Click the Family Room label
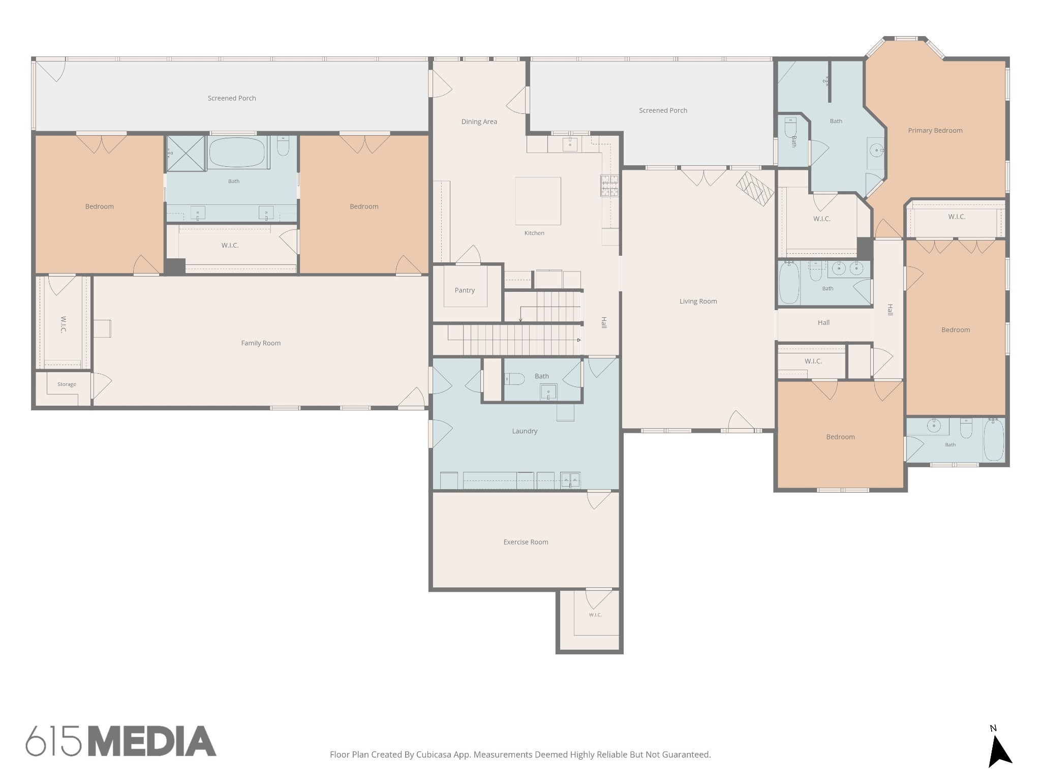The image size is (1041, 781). click(261, 343)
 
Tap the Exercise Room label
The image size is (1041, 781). click(526, 542)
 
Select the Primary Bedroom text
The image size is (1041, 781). click(935, 131)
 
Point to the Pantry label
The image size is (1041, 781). click(465, 290)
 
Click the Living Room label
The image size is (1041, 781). click(698, 302)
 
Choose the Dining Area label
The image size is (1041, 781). click(479, 122)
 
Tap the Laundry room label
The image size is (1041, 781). click(525, 431)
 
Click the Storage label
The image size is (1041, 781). click(67, 384)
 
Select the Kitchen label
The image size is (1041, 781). click(534, 233)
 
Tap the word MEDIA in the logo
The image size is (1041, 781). click(152, 741)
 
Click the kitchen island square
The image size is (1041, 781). click(538, 201)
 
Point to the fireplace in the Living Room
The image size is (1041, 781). click(755, 189)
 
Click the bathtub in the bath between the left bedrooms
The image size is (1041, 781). click(236, 152)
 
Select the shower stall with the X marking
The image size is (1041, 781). click(186, 153)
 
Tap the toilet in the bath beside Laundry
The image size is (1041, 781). click(514, 379)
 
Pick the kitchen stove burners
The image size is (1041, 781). click(609, 185)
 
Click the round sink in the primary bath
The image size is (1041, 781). click(876, 150)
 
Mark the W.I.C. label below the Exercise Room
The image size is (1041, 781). click(595, 615)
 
